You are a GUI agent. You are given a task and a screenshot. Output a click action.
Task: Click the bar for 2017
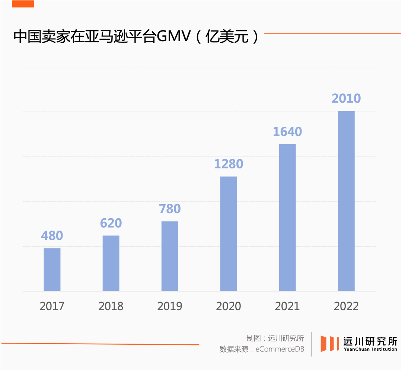pyautogui.click(x=52, y=269)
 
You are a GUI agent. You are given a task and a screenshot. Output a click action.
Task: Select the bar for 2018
pyautogui.click(x=111, y=263)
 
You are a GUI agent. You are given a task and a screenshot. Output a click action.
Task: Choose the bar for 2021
pyautogui.click(x=287, y=217)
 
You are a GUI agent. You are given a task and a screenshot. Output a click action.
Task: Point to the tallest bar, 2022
pyautogui.click(x=346, y=201)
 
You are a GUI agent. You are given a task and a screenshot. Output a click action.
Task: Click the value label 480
pyautogui.click(x=52, y=236)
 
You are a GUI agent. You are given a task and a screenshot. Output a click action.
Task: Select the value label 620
pyautogui.click(x=111, y=223)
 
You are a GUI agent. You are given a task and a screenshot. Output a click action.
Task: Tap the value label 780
pyautogui.click(x=170, y=209)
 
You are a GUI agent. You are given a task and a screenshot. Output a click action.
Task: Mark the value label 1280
pyautogui.click(x=229, y=164)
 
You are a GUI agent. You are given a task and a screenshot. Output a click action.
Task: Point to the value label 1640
pyautogui.click(x=287, y=132)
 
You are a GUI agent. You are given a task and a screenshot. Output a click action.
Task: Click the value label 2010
pyautogui.click(x=346, y=99)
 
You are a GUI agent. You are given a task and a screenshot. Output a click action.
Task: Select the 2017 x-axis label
pyautogui.click(x=52, y=306)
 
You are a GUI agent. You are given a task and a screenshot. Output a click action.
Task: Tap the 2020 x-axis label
pyautogui.click(x=229, y=306)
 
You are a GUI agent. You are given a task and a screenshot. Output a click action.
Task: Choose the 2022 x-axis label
pyautogui.click(x=346, y=306)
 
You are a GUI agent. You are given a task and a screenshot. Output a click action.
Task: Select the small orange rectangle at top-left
pyautogui.click(x=23, y=4)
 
